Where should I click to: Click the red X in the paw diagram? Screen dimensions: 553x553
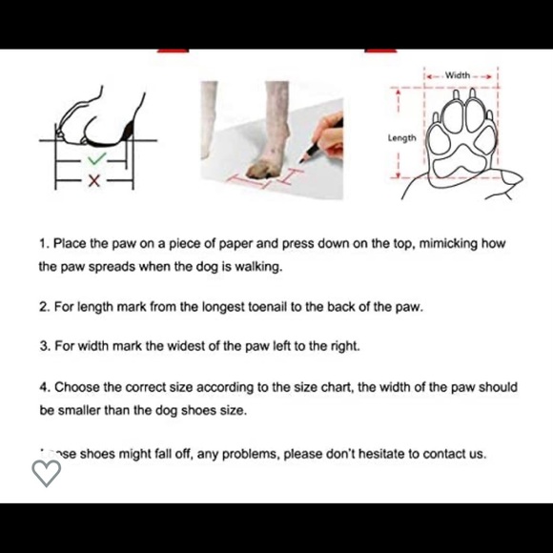(93, 181)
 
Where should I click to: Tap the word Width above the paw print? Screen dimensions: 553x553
(458, 74)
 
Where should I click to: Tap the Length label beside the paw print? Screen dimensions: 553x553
(401, 138)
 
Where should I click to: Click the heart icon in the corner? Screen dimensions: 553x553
(46, 472)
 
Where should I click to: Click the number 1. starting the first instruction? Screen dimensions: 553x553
(44, 244)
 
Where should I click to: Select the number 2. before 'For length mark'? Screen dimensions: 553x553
(44, 308)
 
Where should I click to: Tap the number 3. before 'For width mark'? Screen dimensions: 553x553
(44, 347)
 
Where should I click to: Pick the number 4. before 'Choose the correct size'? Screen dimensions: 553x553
(44, 388)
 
